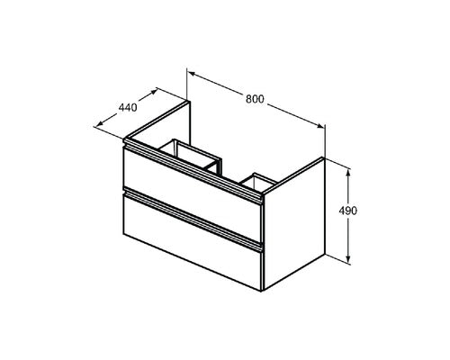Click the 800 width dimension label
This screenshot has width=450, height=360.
coord(255,99)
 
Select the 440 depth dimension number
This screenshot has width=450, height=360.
coord(128,107)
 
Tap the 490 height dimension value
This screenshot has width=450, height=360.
coord(348,211)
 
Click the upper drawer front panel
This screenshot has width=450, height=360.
coord(192,194)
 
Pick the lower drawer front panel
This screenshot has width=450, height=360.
coord(192,241)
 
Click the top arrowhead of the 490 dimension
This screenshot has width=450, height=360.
coord(348,173)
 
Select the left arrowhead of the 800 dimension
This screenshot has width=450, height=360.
coord(193,74)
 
